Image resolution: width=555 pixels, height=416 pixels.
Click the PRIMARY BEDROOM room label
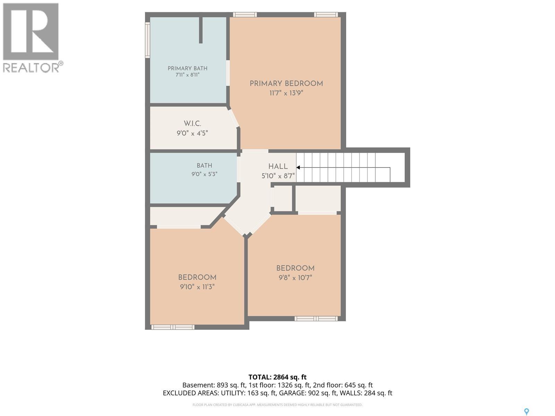(x=286, y=84)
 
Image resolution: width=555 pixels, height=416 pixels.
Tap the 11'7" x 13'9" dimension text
(x=286, y=93)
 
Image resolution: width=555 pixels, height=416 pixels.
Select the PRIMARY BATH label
(x=188, y=68)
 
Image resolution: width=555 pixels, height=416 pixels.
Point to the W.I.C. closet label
(x=193, y=124)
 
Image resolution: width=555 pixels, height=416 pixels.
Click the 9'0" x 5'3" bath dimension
(x=204, y=174)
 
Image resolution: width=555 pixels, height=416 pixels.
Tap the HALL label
(x=278, y=166)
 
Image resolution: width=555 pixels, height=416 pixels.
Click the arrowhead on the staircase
(x=298, y=167)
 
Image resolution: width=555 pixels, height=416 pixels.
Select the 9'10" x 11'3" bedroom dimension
(x=197, y=287)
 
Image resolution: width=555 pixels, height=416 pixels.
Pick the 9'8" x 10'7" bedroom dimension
(x=295, y=278)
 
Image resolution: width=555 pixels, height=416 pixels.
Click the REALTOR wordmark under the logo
(x=32, y=68)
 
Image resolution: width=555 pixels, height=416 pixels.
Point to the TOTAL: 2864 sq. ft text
(x=277, y=377)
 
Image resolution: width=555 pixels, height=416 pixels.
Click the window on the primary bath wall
(x=147, y=40)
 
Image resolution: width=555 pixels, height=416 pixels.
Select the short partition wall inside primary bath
(x=201, y=30)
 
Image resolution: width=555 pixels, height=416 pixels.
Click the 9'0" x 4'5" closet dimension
(x=192, y=133)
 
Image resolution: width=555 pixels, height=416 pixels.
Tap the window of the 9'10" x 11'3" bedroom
(x=173, y=327)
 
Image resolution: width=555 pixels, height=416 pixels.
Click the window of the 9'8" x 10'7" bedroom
(x=316, y=319)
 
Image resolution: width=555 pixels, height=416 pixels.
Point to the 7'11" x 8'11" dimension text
(x=188, y=75)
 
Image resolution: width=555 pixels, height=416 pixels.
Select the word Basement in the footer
(x=198, y=385)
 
